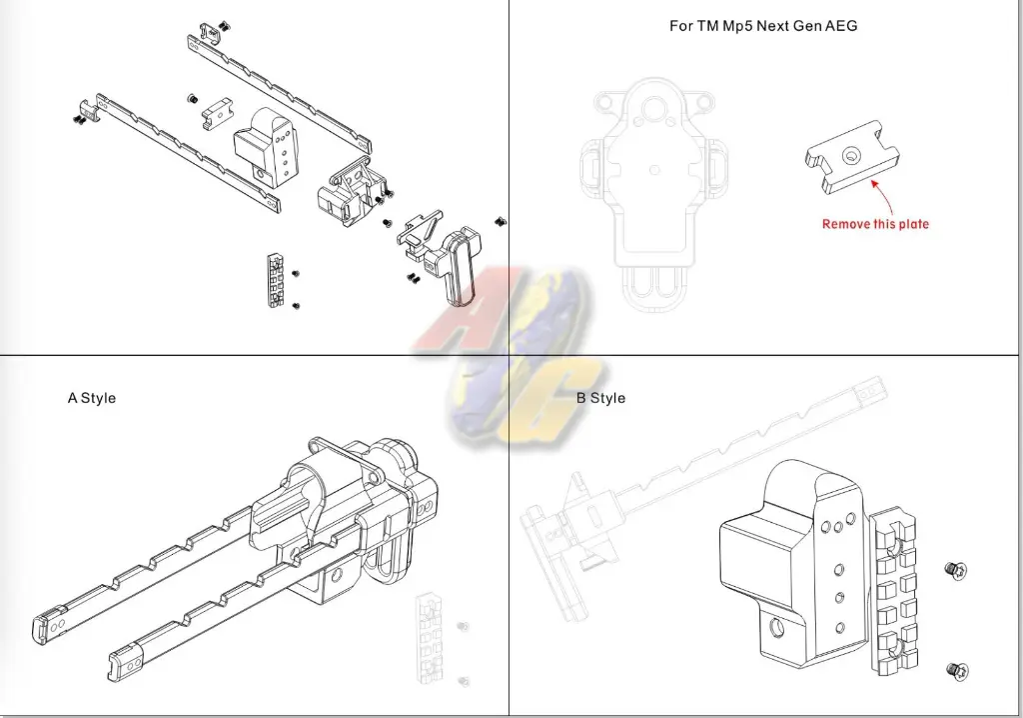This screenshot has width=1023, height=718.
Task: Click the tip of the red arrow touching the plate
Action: click(872, 180)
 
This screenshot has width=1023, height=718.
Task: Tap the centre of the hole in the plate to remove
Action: click(851, 155)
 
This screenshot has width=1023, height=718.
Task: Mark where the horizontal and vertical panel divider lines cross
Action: click(509, 356)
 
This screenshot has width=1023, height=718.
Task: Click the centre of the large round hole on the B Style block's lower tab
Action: click(775, 629)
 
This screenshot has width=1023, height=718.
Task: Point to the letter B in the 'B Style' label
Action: click(580, 398)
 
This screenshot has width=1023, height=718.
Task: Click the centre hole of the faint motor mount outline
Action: click(654, 169)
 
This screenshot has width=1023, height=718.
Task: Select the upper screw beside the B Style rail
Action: click(956, 570)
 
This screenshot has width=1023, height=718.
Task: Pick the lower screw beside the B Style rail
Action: click(957, 670)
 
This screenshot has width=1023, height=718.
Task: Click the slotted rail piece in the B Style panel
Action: click(891, 593)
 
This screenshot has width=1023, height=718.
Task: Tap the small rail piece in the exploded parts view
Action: click(276, 280)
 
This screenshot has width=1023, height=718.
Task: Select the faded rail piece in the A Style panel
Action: click(430, 638)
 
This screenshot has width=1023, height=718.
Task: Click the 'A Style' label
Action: click(91, 398)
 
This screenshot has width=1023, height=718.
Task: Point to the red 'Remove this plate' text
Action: click(875, 224)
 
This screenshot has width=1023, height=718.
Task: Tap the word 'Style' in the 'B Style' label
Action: click(607, 398)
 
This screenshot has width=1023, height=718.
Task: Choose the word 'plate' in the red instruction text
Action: click(913, 224)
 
